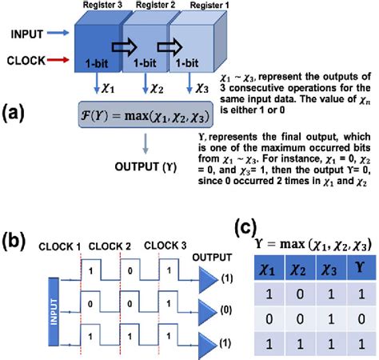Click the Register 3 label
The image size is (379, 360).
click(x=98, y=6)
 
